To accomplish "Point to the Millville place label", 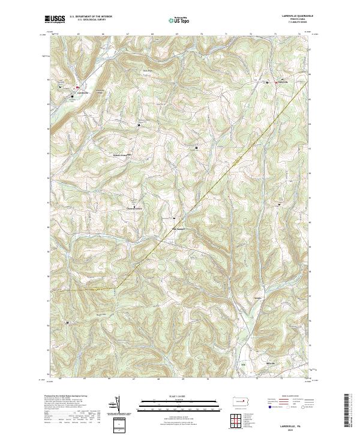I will coord(271,364).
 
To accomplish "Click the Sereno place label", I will coord(259,297).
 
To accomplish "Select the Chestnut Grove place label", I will coord(134,208).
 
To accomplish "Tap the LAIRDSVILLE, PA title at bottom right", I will coord(292,424).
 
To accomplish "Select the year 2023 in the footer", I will coord(292,428).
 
